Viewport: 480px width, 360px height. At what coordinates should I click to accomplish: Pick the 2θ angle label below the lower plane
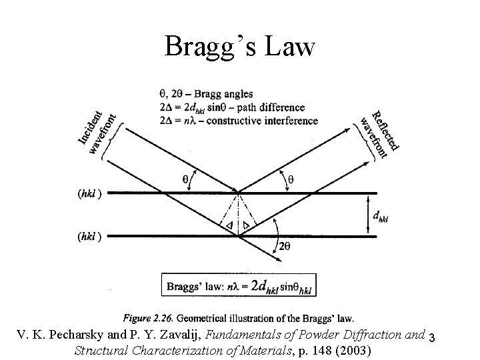click(x=285, y=246)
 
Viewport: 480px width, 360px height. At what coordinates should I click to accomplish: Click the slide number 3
click(x=433, y=337)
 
